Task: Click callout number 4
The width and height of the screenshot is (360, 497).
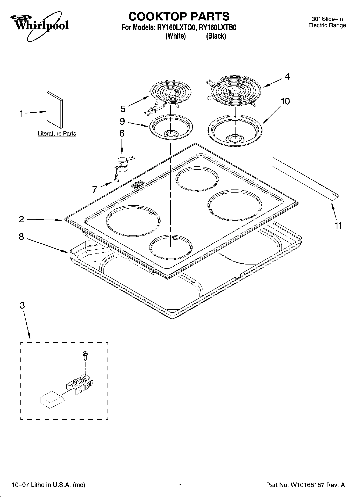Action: [x=287, y=77]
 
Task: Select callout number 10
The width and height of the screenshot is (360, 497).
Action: [x=285, y=101]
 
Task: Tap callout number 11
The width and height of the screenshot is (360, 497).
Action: [x=338, y=226]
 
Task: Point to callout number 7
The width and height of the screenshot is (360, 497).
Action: [x=94, y=189]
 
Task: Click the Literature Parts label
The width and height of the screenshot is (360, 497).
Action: [x=57, y=134]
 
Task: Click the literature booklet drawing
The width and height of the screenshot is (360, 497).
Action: [x=55, y=110]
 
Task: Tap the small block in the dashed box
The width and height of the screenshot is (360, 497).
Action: [x=52, y=401]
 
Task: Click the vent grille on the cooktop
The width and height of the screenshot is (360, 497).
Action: [x=137, y=184]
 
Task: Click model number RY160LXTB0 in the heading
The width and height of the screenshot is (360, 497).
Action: [x=217, y=28]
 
